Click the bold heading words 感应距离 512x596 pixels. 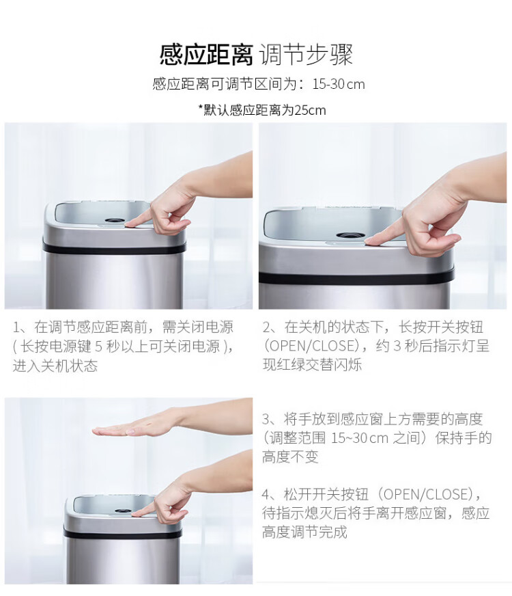point(206,55)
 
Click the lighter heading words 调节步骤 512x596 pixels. point(307,55)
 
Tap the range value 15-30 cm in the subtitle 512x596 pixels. point(338,84)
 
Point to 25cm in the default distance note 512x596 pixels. point(310,110)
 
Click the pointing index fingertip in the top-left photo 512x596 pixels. point(128,226)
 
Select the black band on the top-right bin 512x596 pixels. point(356,277)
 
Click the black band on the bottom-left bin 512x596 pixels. point(122,534)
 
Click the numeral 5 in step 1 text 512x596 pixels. point(99,347)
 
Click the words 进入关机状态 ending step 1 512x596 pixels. point(55,366)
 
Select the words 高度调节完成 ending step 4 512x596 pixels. point(304,532)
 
